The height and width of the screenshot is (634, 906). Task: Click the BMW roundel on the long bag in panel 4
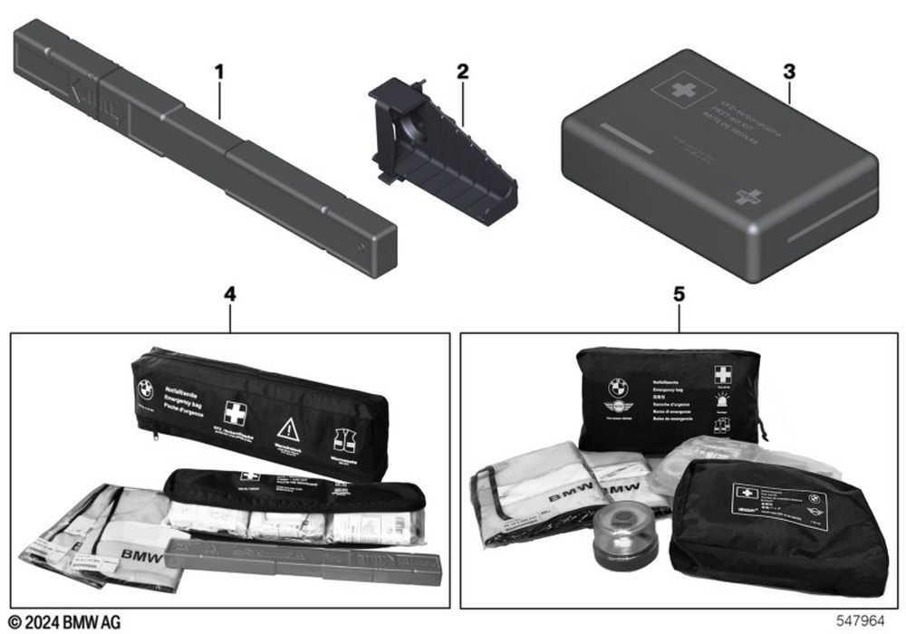(x=146, y=389)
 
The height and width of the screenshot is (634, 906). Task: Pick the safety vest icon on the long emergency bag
(x=345, y=441)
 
